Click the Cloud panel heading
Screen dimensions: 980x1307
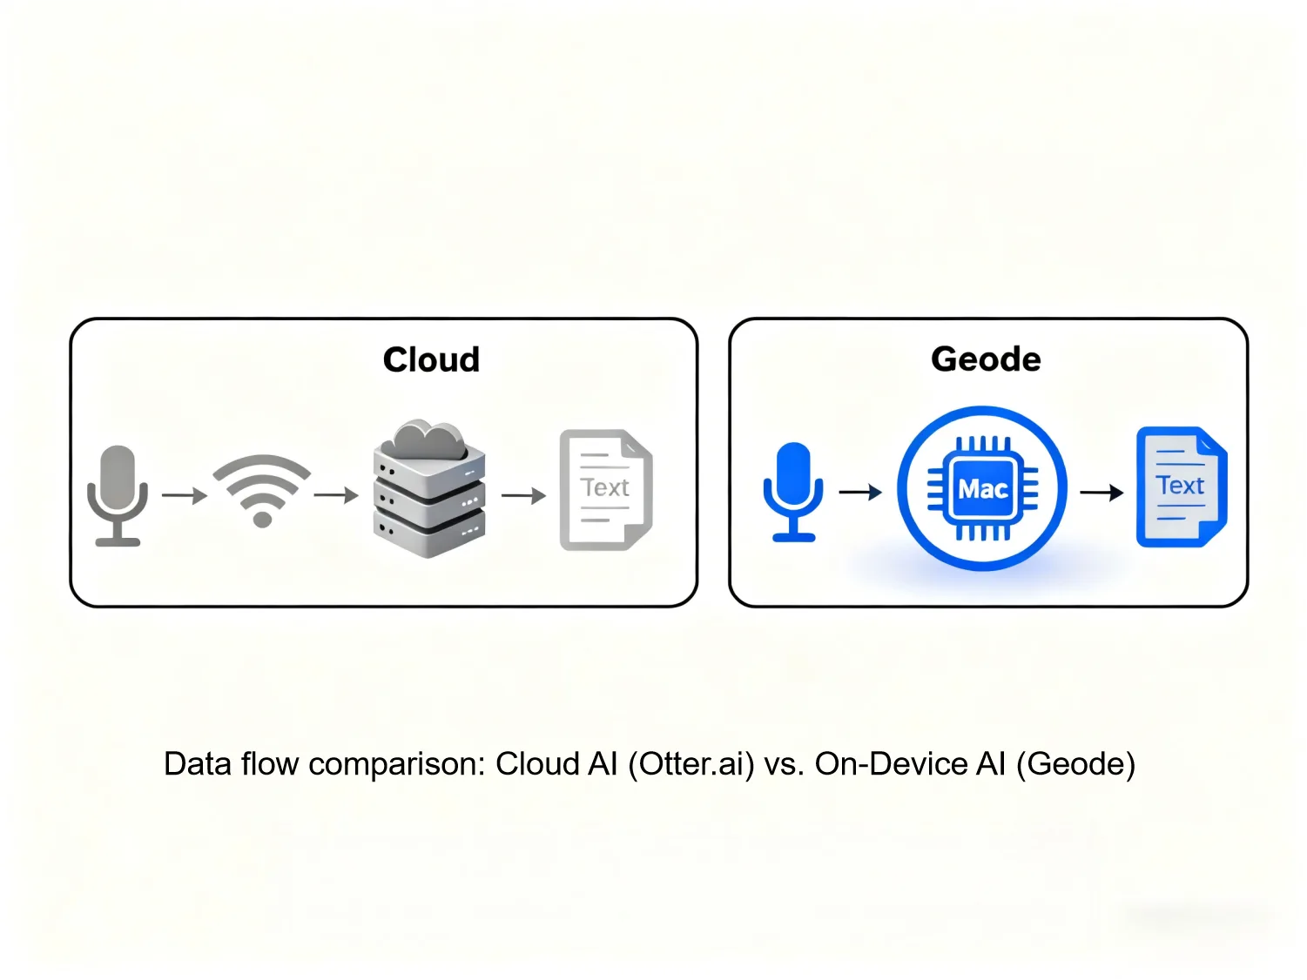431,359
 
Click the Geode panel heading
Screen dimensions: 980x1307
986,359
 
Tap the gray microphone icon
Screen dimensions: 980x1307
118,494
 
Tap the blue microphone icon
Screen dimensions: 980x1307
792,492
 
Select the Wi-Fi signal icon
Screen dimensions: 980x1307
262,491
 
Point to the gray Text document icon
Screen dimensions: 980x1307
605,489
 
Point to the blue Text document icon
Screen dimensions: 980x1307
1181,487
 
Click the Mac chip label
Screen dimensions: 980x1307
982,489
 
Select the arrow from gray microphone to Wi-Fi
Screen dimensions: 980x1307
185,496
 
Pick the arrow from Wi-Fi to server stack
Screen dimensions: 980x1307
336,496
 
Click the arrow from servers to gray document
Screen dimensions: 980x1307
523,496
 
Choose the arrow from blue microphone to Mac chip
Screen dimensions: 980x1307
860,493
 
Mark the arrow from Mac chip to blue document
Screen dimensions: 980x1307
1102,493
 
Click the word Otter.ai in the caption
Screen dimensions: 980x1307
691,764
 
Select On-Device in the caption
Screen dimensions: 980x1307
891,764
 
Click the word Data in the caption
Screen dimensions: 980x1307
197,764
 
